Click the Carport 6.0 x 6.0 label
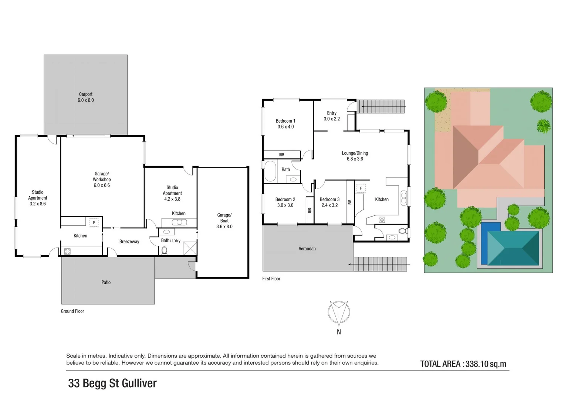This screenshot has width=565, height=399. click(85, 97)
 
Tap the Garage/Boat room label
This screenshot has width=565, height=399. click(224, 221)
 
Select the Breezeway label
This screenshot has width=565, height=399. click(129, 242)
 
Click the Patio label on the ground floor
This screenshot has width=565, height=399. click(106, 282)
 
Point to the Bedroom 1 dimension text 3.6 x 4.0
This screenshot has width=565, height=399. click(285, 127)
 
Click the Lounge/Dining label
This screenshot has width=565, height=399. click(355, 153)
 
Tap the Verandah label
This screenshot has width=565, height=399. click(307, 249)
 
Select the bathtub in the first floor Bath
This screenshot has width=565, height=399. click(270, 171)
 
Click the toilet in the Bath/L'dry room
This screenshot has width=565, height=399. click(164, 250)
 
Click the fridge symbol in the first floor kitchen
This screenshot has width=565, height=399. click(361, 188)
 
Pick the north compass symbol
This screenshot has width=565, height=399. click(339, 313)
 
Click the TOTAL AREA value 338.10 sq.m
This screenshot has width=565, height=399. click(486, 364)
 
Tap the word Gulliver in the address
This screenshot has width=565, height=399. click(139, 383)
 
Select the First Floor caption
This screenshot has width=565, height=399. click(271, 279)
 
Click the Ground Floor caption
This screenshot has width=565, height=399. click(72, 311)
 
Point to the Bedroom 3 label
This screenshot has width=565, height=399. click(329, 199)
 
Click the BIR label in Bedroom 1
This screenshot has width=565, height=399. click(282, 154)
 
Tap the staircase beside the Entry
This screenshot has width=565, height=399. click(382, 106)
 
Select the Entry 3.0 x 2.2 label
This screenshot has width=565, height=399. click(332, 116)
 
